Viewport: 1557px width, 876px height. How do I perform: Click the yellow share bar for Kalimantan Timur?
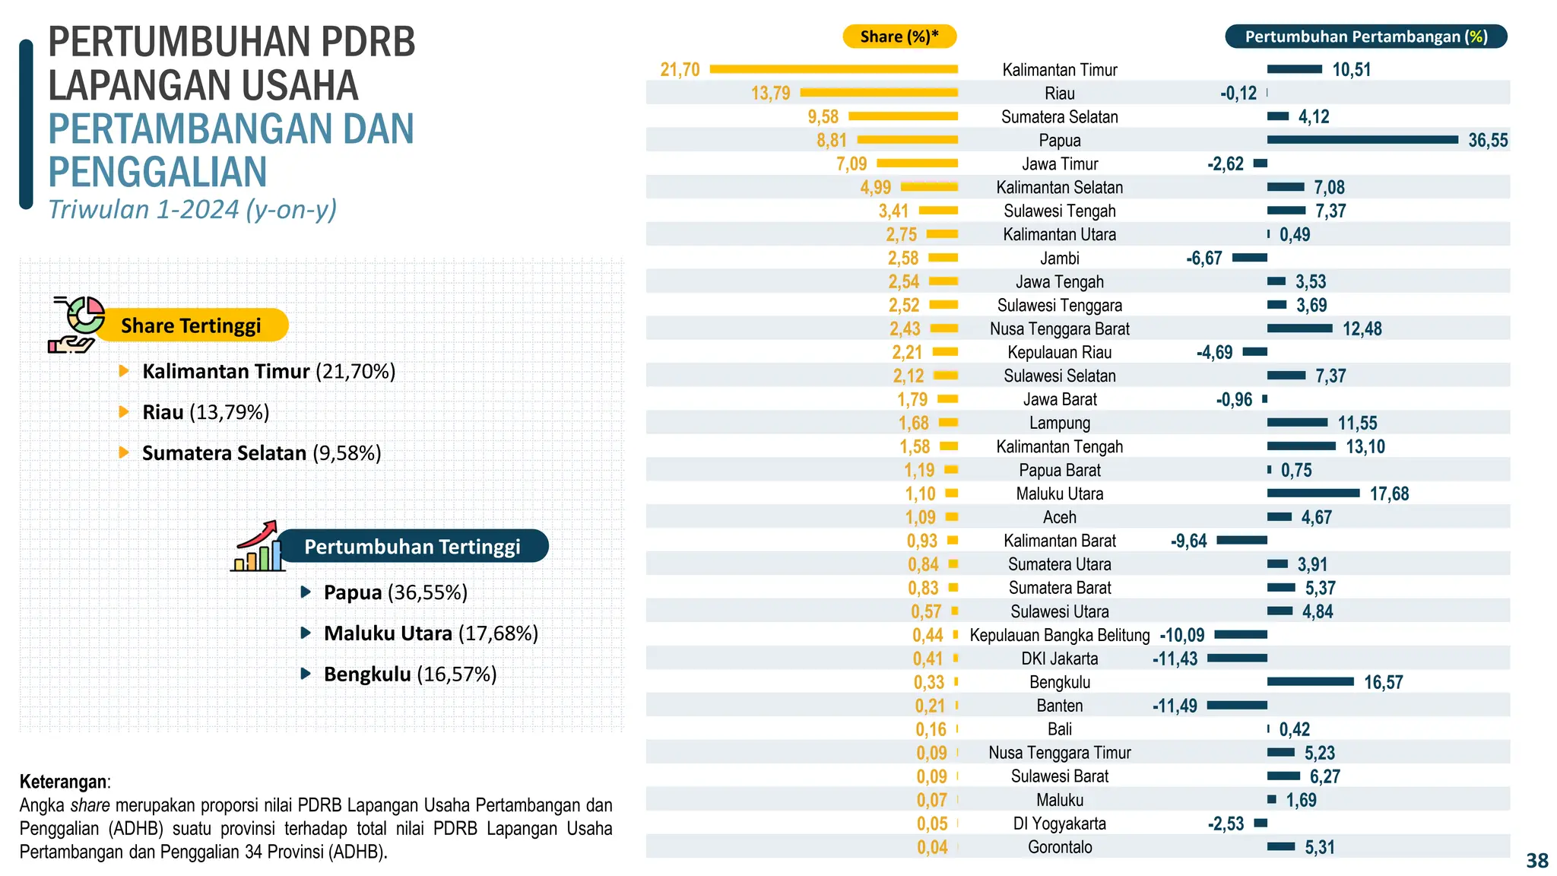click(x=833, y=69)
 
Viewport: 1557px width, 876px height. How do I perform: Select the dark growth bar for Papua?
click(x=1362, y=140)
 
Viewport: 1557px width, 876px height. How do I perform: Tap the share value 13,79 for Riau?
click(x=770, y=94)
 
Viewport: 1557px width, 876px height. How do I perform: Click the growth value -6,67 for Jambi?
click(x=1203, y=259)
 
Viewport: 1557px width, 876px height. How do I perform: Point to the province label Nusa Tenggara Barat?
click(x=1059, y=329)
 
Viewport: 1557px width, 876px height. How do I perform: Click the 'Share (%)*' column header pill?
click(x=899, y=36)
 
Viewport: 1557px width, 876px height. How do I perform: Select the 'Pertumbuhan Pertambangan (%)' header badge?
click(x=1365, y=36)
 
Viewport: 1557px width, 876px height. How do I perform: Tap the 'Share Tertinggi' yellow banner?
click(x=192, y=325)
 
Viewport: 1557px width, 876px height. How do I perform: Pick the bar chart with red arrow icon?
click(x=257, y=547)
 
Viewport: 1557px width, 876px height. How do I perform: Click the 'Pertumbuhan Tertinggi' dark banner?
click(x=412, y=547)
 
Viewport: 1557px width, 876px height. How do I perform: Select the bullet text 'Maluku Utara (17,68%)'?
click(x=430, y=633)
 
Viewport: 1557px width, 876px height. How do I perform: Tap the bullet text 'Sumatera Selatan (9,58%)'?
click(x=262, y=453)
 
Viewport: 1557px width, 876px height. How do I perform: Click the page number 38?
click(x=1536, y=861)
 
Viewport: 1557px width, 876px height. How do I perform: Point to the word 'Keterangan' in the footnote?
click(x=63, y=782)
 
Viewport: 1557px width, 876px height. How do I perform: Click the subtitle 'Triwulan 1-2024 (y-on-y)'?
click(x=192, y=210)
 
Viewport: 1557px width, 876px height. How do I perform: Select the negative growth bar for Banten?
click(x=1237, y=706)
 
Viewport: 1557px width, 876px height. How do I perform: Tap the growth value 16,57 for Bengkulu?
click(x=1383, y=683)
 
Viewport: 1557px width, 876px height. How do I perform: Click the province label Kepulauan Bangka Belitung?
click(x=1059, y=636)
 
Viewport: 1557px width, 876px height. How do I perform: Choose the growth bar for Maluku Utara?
click(x=1313, y=494)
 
